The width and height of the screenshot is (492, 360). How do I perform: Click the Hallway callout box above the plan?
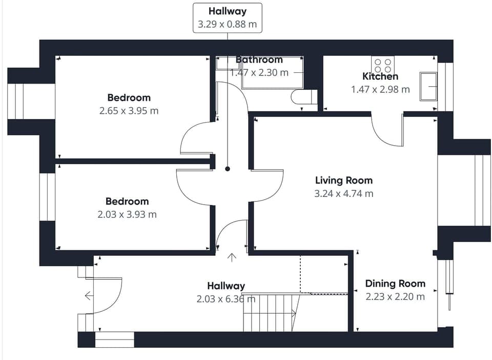tap(228, 18)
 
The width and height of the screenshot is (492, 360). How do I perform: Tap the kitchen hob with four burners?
tap(383, 65)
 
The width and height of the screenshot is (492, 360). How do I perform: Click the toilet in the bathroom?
tap(303, 97)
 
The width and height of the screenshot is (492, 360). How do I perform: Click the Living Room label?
tap(343, 181)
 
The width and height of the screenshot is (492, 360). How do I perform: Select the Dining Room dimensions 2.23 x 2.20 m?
tap(395, 296)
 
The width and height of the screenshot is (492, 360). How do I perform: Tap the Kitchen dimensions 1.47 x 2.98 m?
tap(380, 89)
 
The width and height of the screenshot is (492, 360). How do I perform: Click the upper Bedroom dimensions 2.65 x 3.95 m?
tap(129, 110)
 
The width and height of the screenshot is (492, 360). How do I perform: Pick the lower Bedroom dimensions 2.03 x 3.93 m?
tap(127, 214)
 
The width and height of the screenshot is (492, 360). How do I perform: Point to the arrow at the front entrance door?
tap(89, 295)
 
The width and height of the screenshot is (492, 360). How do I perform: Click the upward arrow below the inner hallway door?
tap(232, 257)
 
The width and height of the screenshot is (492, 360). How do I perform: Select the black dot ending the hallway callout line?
tap(228, 169)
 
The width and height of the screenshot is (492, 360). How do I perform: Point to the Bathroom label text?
tap(259, 60)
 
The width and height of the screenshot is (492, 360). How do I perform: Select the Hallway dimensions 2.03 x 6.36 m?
tap(225, 298)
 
